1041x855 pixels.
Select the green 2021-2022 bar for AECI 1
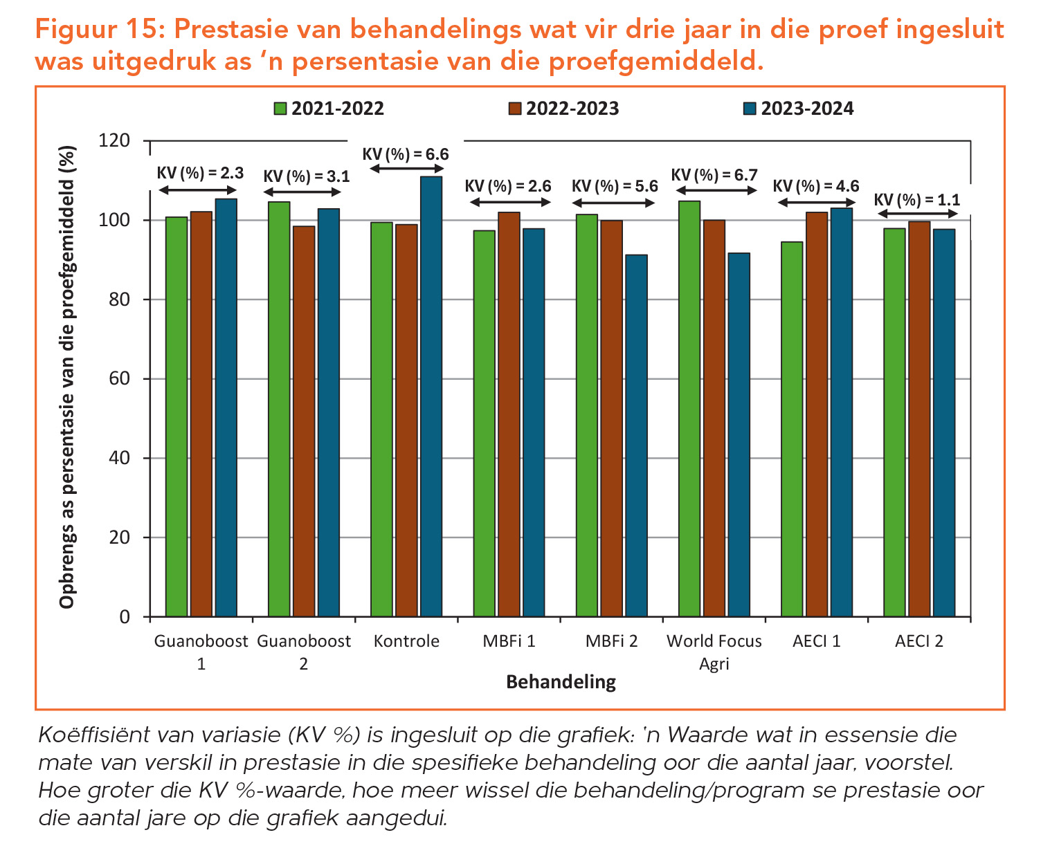tap(792, 429)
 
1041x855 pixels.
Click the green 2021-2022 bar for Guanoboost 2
tap(279, 409)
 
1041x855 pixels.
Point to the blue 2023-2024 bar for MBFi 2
tap(636, 435)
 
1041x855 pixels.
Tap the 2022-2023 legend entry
tap(563, 109)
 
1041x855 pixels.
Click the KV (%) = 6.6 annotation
tap(406, 154)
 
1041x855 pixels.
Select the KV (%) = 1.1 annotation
tap(916, 200)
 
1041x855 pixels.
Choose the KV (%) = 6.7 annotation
tap(714, 175)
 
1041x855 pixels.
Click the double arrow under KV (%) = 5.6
tap(612, 203)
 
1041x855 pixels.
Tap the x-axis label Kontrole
tap(406, 641)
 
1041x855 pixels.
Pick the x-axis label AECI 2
tap(918, 641)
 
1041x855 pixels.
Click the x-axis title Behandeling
tap(561, 682)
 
